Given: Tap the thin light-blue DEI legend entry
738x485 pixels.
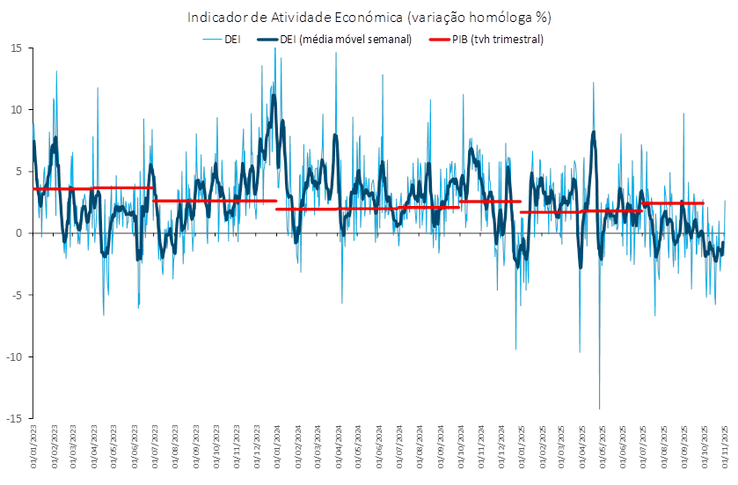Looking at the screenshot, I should (222, 40).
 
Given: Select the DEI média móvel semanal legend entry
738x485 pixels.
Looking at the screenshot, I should (334, 40).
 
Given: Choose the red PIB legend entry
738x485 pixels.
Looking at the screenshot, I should (486, 40).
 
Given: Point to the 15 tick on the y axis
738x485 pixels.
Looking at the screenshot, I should (16, 48).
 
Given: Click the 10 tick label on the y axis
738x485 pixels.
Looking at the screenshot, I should (16, 110).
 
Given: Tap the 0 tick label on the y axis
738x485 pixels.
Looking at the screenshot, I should (18, 233).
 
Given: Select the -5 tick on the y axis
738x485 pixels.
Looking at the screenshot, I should (17, 295).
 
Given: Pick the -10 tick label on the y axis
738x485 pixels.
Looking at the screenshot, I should (14, 356).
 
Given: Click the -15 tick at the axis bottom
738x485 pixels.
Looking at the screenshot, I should (14, 418).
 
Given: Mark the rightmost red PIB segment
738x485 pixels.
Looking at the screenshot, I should (673, 203).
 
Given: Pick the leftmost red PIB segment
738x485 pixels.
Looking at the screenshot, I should (62, 188).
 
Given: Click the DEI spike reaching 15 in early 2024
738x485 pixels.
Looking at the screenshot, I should (275, 51).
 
